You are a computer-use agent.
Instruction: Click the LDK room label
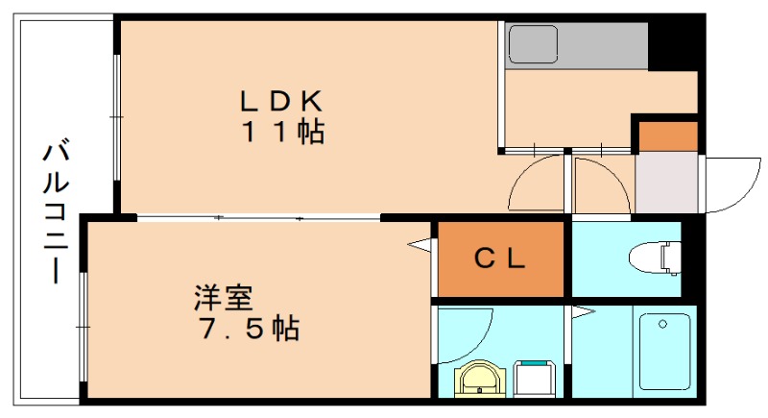click(284, 99)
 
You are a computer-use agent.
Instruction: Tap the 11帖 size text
click(284, 133)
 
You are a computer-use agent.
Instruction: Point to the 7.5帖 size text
click(249, 329)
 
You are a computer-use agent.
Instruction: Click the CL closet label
click(499, 259)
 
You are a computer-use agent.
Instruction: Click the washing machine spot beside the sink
click(535, 378)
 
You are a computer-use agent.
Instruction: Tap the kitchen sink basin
click(532, 43)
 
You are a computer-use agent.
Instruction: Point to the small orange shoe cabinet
click(668, 136)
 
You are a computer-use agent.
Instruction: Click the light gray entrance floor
click(668, 183)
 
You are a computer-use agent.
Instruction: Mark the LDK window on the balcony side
click(116, 115)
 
